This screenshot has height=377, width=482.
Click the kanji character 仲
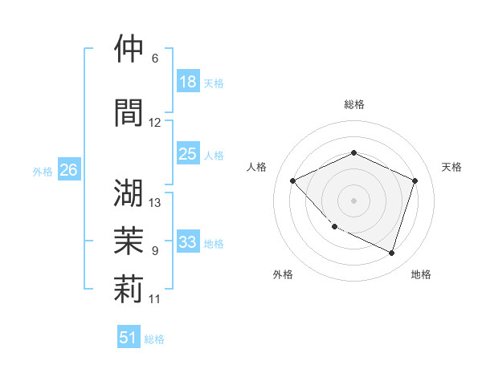(129, 49)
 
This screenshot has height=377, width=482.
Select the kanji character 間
(129, 113)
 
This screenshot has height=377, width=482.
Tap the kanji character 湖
(129, 193)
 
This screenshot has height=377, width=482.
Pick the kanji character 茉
(129, 241)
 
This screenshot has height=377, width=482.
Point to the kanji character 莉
(129, 290)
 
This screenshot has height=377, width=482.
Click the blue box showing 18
(188, 82)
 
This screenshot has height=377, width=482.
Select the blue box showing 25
(188, 154)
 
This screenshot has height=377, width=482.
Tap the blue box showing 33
(188, 242)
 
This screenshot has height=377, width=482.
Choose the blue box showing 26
(69, 170)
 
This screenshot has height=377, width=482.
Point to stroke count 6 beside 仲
(155, 59)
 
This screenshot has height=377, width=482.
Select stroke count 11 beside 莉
(155, 299)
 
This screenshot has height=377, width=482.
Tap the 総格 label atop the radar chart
(354, 104)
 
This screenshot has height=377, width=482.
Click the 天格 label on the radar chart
(452, 167)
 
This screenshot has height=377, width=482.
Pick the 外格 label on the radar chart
(283, 275)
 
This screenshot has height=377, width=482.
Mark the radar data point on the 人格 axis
(293, 180)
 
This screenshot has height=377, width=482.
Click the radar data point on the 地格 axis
(391, 253)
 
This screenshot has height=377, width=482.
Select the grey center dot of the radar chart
(353, 200)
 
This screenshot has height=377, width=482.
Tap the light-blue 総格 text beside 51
(154, 339)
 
